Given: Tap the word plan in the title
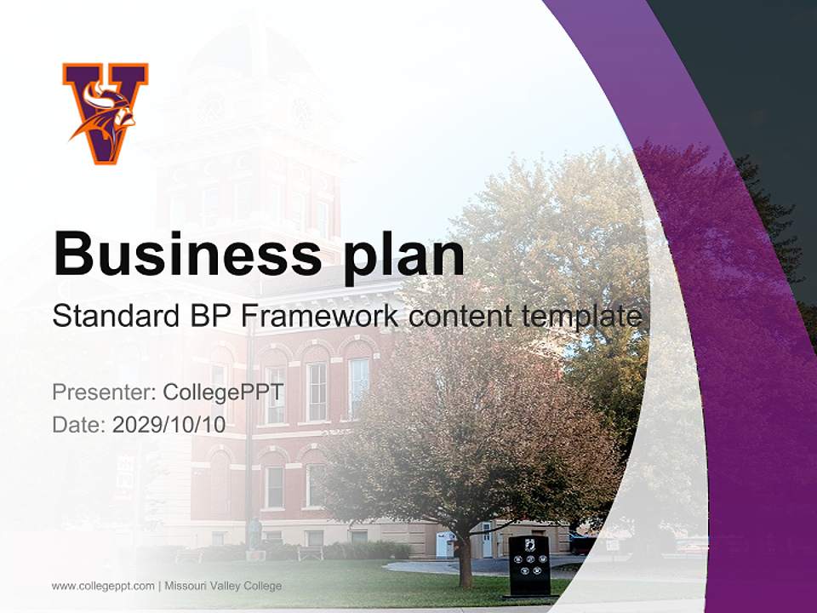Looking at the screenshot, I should pyautogui.click(x=403, y=255).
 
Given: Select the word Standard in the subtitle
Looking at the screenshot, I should pyautogui.click(x=112, y=316).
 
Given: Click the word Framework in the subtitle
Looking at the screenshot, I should pyautogui.click(x=319, y=316).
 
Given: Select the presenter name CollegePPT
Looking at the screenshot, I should pyautogui.click(x=223, y=392).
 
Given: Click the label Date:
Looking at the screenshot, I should pyautogui.click(x=79, y=425).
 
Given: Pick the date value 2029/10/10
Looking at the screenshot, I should pyautogui.click(x=169, y=425).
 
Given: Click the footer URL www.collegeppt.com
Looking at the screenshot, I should pyautogui.click(x=103, y=586).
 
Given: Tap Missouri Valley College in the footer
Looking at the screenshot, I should pyautogui.click(x=223, y=586).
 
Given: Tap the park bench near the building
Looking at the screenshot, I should pyautogui.click(x=309, y=551).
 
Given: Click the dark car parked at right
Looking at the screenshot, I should pyautogui.click(x=584, y=542).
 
